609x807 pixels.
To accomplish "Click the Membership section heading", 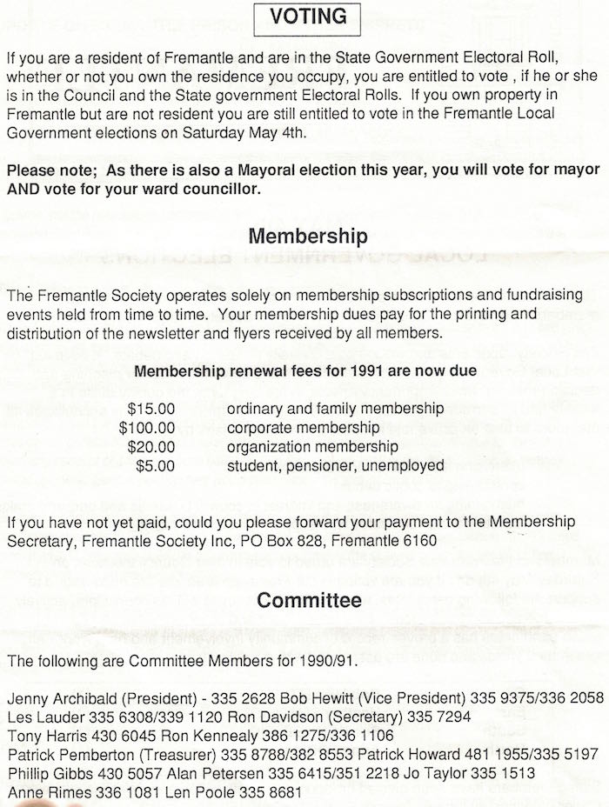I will (308, 236).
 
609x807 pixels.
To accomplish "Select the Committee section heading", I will (309, 599).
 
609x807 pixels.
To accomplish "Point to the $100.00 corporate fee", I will (148, 427).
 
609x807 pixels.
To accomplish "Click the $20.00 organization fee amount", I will (151, 446).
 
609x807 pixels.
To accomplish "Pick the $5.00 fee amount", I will (156, 465).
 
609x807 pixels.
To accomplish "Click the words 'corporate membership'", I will (302, 427).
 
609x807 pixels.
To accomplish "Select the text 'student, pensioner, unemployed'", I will (334, 465).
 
